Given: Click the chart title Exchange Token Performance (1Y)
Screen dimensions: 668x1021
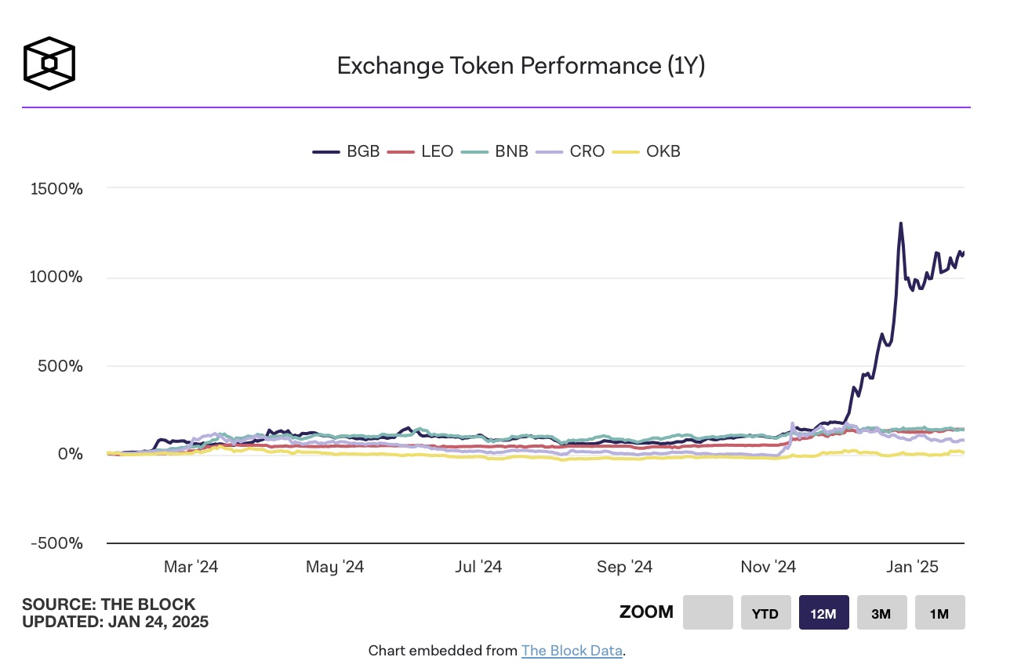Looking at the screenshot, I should point(521,66).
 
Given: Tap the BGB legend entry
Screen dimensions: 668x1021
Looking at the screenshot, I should point(347,151).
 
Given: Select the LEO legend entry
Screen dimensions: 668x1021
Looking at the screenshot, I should point(422,151).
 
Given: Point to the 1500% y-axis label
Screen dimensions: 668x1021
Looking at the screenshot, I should point(56,189).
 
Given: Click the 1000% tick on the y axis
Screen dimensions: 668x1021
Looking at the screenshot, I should point(56,278).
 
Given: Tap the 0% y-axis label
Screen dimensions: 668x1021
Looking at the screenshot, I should point(71,455).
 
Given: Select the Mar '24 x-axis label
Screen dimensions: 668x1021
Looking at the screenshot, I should point(191,567).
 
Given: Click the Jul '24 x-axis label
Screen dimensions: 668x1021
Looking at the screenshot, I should point(478,567).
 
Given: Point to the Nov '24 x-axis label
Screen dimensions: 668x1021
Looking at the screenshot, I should point(768,567).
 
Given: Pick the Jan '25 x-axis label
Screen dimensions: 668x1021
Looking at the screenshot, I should point(911,567).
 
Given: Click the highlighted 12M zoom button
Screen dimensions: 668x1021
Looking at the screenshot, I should point(823,613).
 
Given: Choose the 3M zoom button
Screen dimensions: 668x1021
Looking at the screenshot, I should point(881,613).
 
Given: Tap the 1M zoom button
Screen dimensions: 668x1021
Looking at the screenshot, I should point(939,613).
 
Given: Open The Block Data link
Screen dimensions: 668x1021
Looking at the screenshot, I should point(572,651).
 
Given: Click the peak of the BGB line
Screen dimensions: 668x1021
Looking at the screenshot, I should point(900,223).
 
